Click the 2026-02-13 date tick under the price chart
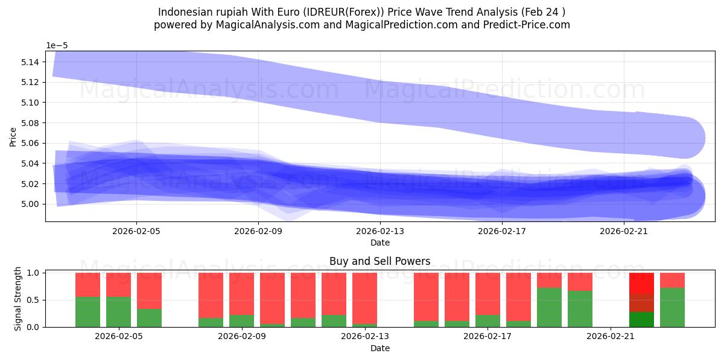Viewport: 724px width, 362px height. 380,230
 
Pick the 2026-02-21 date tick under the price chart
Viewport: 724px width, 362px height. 623,230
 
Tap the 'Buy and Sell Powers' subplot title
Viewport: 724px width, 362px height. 379,261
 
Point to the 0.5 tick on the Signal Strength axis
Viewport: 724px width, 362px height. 34,300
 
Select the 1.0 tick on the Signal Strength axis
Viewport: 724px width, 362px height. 34,273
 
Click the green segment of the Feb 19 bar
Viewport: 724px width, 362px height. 549,308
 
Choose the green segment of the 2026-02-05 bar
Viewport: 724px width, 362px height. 118,312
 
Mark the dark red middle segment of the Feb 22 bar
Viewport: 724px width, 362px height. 641,303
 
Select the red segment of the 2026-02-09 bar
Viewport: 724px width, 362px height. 241,294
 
